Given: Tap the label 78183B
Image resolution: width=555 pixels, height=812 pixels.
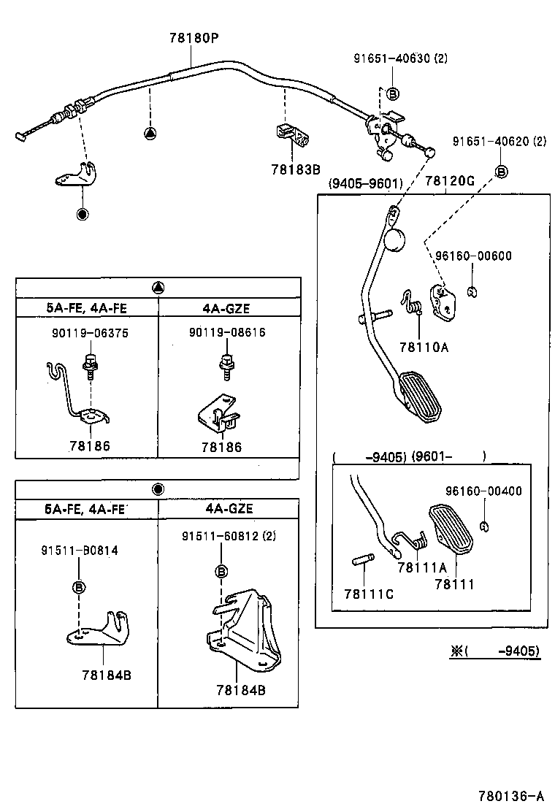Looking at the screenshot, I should pyautogui.click(x=296, y=169).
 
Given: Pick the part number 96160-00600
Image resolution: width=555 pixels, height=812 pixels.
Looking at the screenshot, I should pyautogui.click(x=473, y=256).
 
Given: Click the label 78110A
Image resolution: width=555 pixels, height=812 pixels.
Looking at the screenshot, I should pyautogui.click(x=424, y=348).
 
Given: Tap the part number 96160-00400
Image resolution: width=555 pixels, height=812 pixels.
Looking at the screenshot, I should pyautogui.click(x=484, y=491).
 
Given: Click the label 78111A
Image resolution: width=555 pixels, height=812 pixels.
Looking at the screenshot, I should pyautogui.click(x=421, y=567).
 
